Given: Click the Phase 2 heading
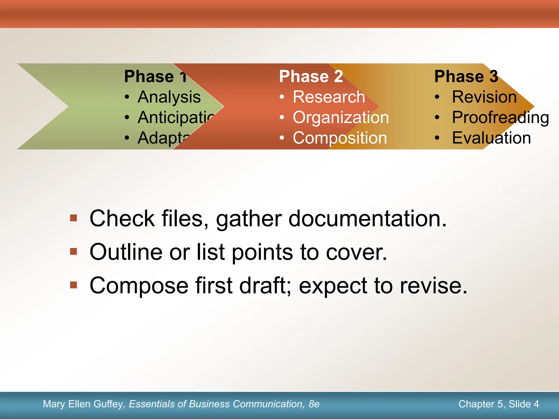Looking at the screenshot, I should pos(311,76).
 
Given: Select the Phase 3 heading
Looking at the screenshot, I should pos(466,76).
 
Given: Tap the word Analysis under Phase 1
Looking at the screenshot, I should pos(169,97).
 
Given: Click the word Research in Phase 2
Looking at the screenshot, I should pos(329,97).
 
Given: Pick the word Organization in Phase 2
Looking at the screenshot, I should pos(341,118).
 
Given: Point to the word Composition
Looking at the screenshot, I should pos(340,138).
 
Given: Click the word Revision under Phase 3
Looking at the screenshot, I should pos(484,97).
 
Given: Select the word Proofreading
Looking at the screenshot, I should pos(500,118).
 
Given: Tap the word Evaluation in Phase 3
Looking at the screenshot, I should pos(491,138).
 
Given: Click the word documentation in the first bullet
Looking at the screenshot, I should pos(367,219).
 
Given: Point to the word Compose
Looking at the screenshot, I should pos(139,286).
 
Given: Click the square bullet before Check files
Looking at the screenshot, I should pos(73,218).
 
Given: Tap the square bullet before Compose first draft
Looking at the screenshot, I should pos(73,285).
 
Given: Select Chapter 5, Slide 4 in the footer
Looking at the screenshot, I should pos(498,404).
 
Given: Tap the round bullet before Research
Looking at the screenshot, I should pos(282,97).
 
